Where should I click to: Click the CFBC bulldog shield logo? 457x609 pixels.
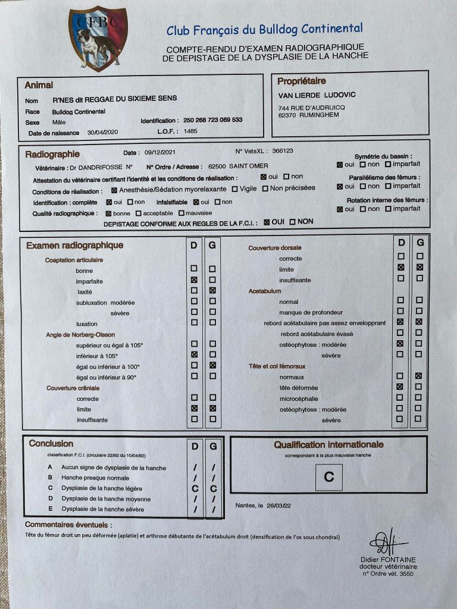[x=98, y=39]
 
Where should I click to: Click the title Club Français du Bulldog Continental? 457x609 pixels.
[x=264, y=29]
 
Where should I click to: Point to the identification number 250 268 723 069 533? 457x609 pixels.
[x=212, y=120]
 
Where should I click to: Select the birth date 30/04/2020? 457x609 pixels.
[x=103, y=133]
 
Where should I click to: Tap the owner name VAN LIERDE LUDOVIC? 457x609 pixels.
[x=317, y=96]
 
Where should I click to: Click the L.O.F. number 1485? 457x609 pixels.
[x=190, y=131]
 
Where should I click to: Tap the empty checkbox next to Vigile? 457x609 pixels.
[x=235, y=189]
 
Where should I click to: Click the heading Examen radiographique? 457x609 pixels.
[x=75, y=246]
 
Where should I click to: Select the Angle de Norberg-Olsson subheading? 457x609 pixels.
[x=80, y=335]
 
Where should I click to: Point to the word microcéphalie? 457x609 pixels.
[x=299, y=398]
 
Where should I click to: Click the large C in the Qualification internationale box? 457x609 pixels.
[x=328, y=477]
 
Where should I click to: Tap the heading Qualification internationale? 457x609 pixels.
[x=328, y=444]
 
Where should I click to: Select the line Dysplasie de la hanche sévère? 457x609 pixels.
[x=102, y=509]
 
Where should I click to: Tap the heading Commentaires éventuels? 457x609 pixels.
[x=68, y=525]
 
